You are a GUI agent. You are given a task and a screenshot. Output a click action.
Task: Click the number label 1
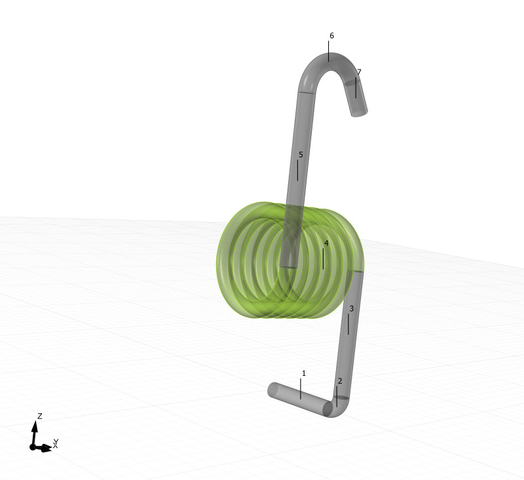point(303,373)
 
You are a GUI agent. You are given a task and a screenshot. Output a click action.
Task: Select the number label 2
point(340,381)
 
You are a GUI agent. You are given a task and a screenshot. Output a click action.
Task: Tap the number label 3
point(351,308)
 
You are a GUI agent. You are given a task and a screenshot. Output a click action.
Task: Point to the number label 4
point(326,243)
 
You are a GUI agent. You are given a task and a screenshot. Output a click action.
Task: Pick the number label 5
point(301,155)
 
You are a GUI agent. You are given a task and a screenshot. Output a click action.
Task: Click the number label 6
point(331,35)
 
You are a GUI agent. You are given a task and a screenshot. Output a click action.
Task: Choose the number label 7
point(359,72)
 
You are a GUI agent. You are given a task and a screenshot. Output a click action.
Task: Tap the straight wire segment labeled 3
point(347,334)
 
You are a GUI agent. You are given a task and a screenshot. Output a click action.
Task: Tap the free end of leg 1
point(273,391)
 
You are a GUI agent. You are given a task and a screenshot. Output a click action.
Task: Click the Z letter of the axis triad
point(40,416)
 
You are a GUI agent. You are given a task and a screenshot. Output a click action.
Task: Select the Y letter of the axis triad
point(56,443)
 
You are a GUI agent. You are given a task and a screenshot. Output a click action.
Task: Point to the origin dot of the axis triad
point(33,447)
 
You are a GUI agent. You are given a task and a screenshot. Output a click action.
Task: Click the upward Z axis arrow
point(35,429)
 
